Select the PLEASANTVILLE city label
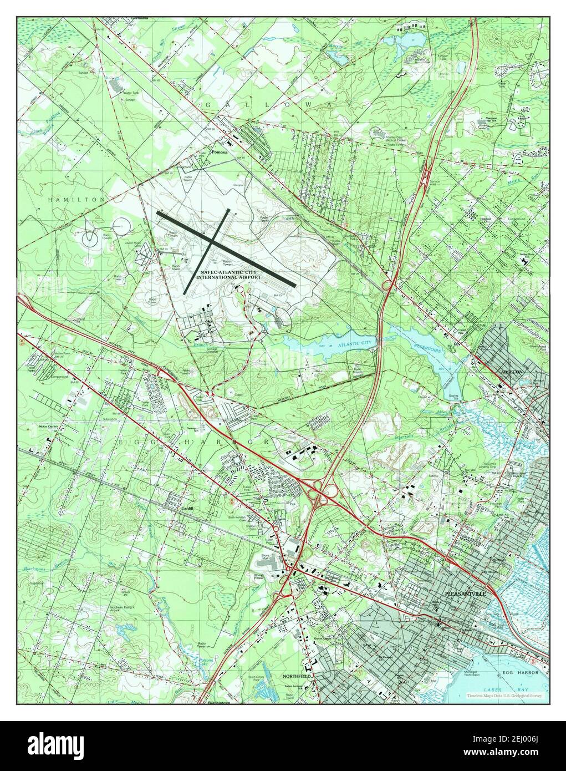[466, 594]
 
